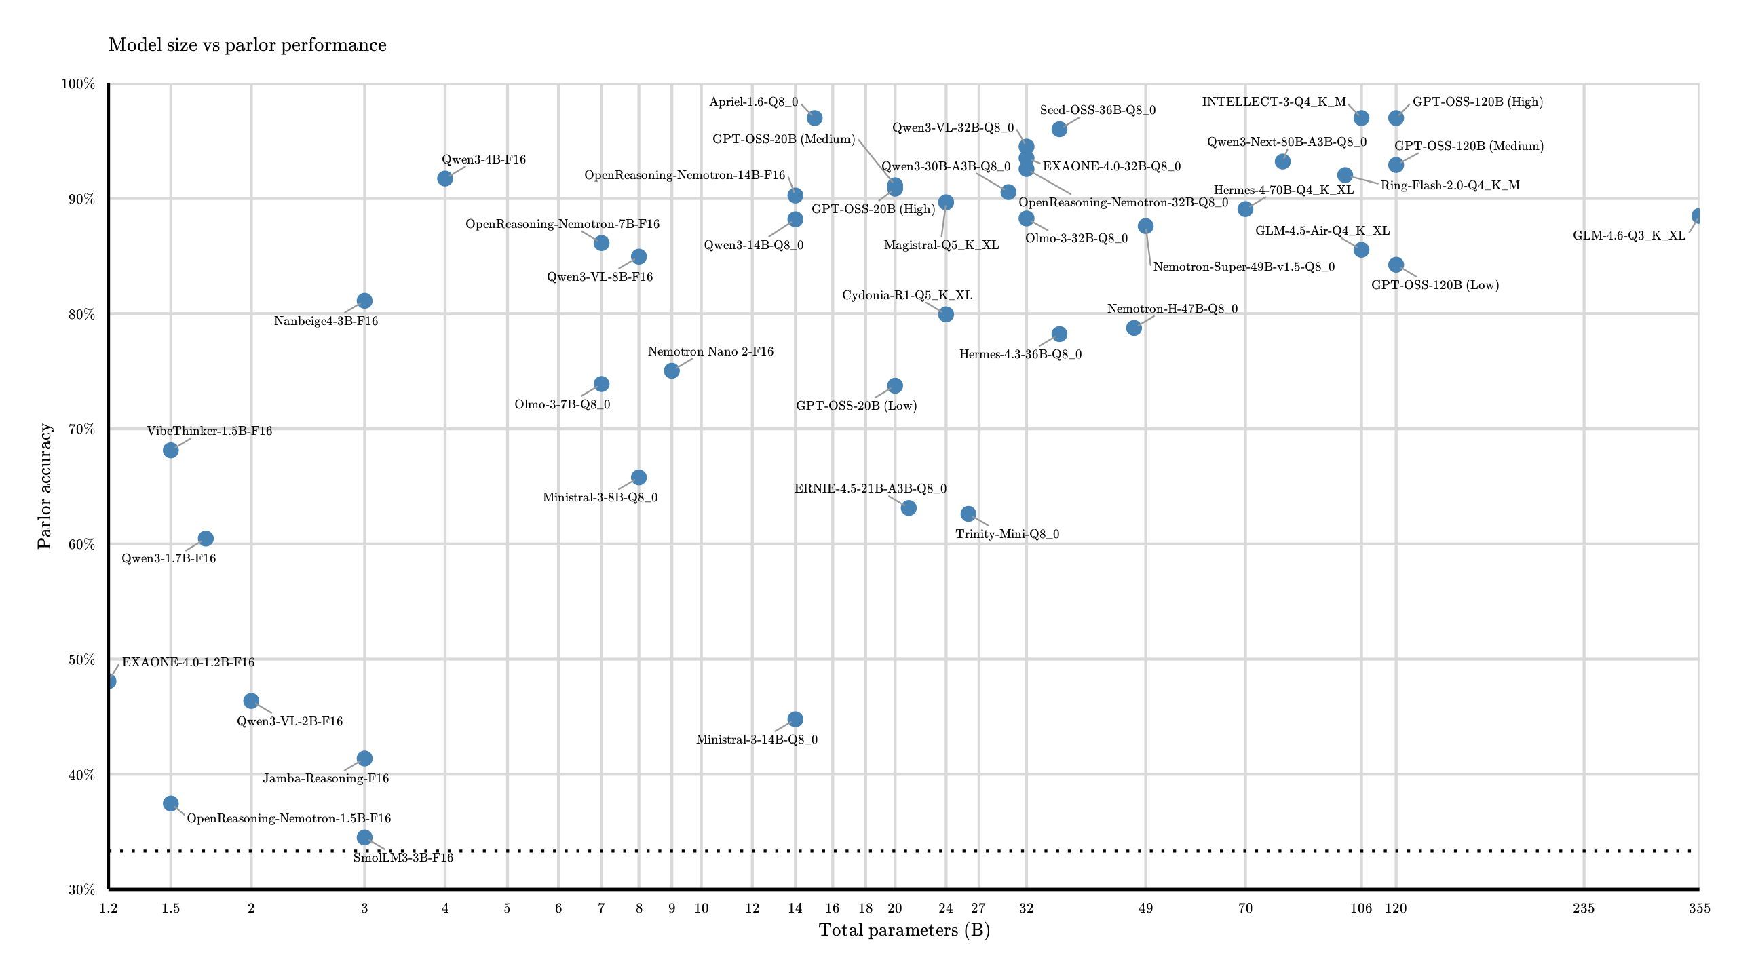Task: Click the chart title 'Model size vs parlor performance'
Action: coord(248,45)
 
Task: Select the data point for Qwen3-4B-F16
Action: coord(445,178)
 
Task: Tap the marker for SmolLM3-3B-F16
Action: coord(364,837)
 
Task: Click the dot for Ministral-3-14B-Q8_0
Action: coord(795,719)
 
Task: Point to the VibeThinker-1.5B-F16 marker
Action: coord(171,451)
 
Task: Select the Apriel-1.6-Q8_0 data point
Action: coord(815,118)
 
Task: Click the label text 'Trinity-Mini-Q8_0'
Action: coord(1007,534)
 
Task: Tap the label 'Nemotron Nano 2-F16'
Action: coord(710,351)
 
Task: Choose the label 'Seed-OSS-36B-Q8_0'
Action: coord(1097,110)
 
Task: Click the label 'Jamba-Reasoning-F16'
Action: coord(326,778)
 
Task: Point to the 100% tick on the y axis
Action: coord(78,84)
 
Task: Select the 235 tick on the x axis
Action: coord(1584,908)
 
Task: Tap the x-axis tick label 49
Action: coord(1145,908)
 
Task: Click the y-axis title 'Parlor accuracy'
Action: coord(45,486)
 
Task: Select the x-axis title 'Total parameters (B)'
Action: coord(904,930)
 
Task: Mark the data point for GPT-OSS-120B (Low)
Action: coord(1396,265)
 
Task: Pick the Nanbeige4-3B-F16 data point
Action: coord(364,301)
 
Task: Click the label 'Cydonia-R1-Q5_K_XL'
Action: coord(907,295)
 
